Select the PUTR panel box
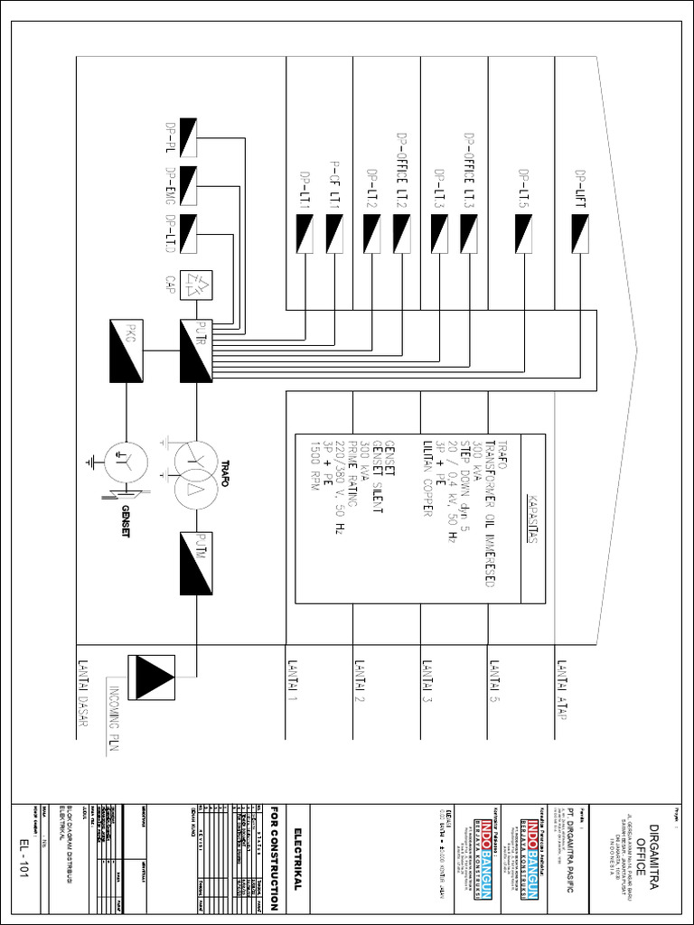tap(196, 352)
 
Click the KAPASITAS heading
tap(530, 519)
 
